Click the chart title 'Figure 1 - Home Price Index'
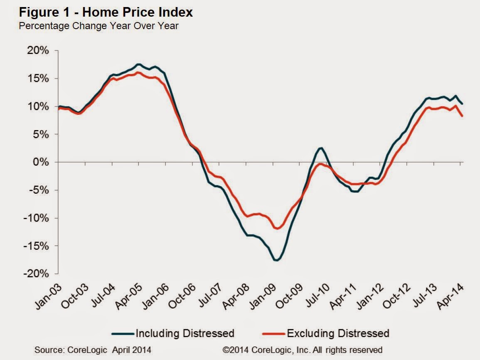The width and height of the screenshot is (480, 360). (99, 12)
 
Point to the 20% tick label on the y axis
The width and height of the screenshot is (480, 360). (39, 51)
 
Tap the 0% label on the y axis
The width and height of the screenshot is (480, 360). (42, 162)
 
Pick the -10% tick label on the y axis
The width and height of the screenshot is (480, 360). (37, 218)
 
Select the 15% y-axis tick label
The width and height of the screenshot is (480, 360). (39, 79)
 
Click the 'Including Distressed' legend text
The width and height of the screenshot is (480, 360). (185, 333)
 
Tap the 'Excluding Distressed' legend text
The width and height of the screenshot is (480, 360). (338, 333)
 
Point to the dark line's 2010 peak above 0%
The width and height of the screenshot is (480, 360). (321, 148)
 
